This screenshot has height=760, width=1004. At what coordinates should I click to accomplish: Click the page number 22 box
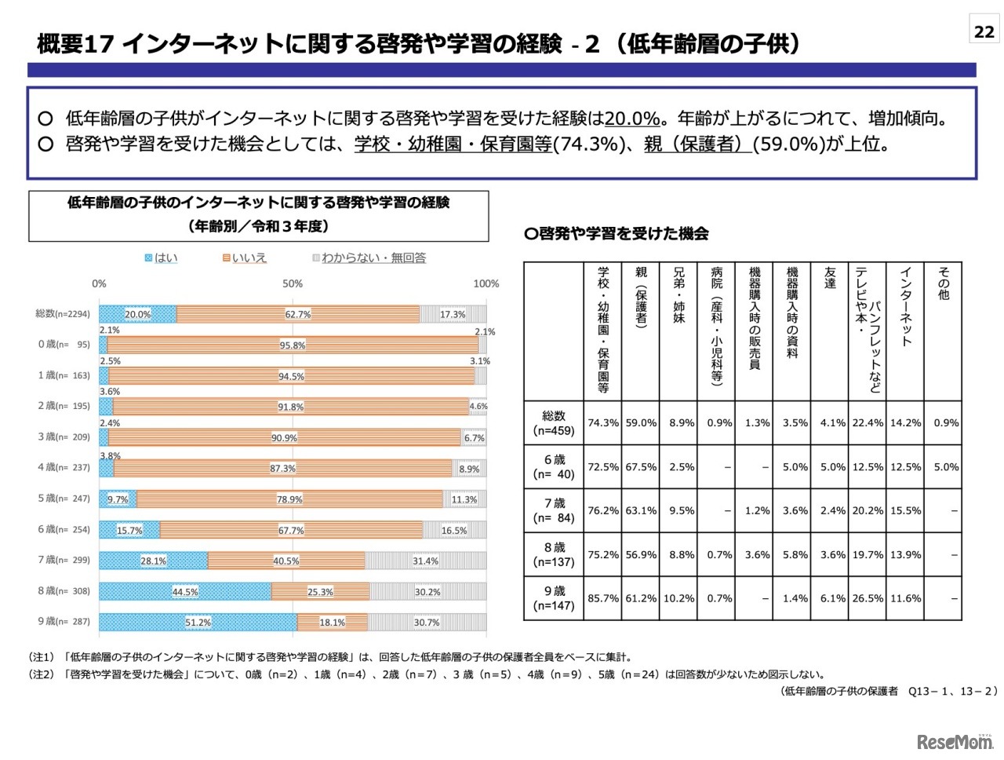(x=984, y=31)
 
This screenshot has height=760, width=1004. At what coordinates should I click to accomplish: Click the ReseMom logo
(x=954, y=741)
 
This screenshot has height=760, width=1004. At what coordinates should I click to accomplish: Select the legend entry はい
(x=162, y=258)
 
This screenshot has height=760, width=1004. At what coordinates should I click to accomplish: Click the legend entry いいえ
(x=244, y=258)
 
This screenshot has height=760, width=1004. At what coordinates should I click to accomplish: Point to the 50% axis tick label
(x=293, y=283)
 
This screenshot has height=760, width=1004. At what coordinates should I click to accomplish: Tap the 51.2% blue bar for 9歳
(x=198, y=622)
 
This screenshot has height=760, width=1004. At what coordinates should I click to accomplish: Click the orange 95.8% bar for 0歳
(x=292, y=345)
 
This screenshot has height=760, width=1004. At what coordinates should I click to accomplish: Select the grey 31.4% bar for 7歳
(x=425, y=561)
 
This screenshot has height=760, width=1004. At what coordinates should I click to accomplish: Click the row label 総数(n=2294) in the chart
(x=63, y=314)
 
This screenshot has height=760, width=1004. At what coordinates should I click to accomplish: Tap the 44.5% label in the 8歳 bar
(x=185, y=591)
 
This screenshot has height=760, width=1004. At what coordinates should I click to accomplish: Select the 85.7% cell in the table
(x=603, y=598)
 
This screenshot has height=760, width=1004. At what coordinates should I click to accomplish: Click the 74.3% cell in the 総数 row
(x=603, y=422)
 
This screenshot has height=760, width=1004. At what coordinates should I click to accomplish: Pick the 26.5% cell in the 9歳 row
(x=868, y=598)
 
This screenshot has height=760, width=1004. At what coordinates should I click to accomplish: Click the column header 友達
(x=830, y=279)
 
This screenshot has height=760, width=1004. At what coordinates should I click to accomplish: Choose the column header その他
(x=944, y=284)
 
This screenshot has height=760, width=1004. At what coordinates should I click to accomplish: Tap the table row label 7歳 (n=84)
(x=554, y=510)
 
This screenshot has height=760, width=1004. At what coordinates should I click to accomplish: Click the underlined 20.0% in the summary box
(x=632, y=119)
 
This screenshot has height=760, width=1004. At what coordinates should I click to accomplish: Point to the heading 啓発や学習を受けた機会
(x=617, y=233)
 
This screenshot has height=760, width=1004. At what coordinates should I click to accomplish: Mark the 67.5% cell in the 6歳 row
(x=641, y=466)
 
